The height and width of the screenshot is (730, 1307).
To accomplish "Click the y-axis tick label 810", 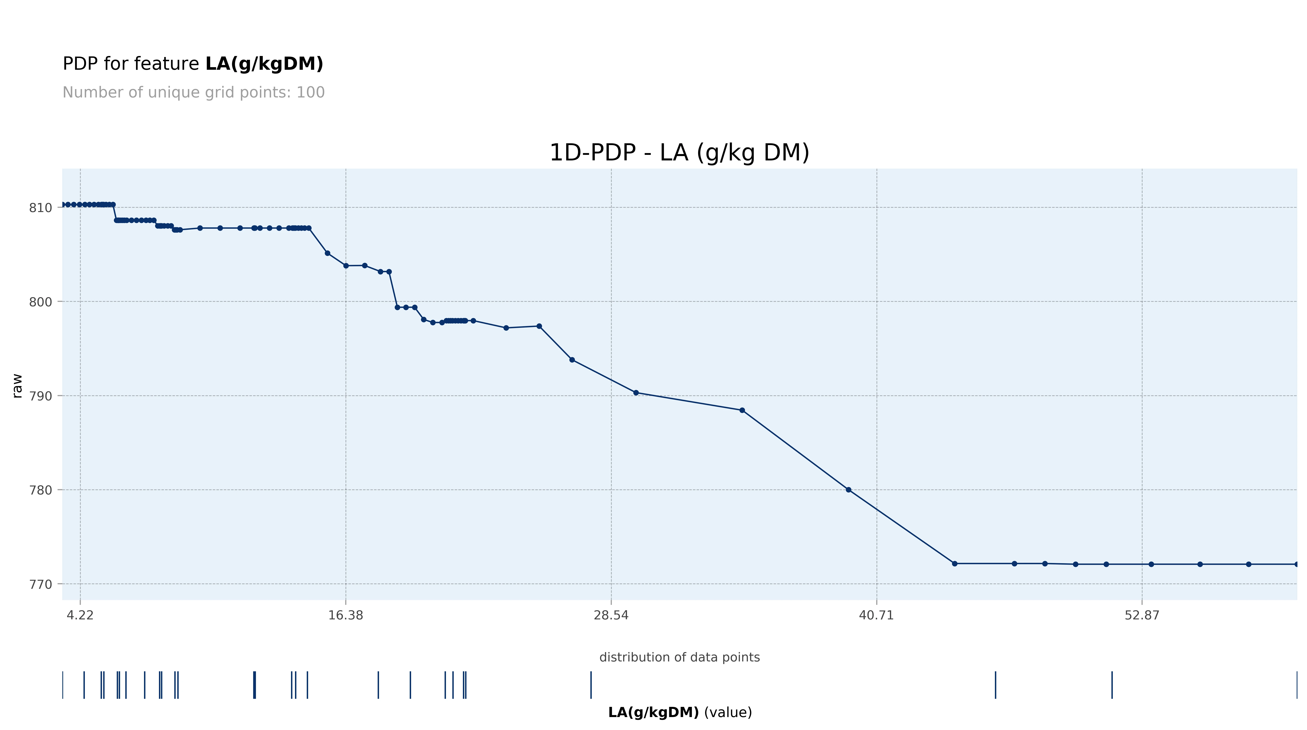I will tap(41, 208).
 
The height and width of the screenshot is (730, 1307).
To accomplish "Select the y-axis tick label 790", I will tap(41, 396).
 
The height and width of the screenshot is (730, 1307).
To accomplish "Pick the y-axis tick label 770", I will tap(41, 584).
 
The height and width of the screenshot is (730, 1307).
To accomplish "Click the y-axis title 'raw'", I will tap(17, 386).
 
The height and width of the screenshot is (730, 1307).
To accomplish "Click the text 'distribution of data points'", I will tap(679, 657).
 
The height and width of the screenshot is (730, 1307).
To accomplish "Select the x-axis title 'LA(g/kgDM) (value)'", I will tap(679, 712).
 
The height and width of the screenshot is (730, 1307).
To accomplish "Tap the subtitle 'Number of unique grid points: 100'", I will tap(193, 92).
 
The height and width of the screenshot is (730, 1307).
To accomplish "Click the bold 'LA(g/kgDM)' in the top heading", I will tap(264, 64).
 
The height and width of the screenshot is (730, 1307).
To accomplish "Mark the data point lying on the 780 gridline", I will tap(848, 490).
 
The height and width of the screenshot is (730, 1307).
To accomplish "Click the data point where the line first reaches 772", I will tap(954, 563).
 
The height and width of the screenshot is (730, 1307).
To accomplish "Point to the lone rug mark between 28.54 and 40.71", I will tap(591, 685).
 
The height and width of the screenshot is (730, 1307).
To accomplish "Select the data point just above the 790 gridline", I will tap(636, 393).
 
